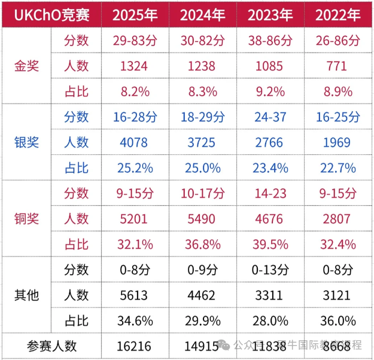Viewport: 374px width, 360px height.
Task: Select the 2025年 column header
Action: click(x=135, y=14)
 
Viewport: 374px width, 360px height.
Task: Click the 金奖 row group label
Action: click(x=26, y=66)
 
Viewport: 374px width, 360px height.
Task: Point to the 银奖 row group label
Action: click(x=26, y=142)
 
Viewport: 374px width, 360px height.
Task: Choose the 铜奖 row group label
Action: click(x=26, y=218)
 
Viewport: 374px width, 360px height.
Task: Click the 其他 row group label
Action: click(x=26, y=295)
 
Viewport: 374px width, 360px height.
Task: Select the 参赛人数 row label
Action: click(x=52, y=346)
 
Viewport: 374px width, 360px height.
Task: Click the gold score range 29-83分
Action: click(x=135, y=40)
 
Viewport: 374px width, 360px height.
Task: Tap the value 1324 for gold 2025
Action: click(x=135, y=66)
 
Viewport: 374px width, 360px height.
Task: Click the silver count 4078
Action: click(x=135, y=142)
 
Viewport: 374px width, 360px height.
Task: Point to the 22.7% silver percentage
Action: click(x=337, y=167)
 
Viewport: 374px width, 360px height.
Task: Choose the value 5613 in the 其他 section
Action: click(x=135, y=295)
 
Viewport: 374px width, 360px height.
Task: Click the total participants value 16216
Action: click(x=135, y=346)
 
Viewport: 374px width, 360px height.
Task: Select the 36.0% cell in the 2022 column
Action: click(x=337, y=320)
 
